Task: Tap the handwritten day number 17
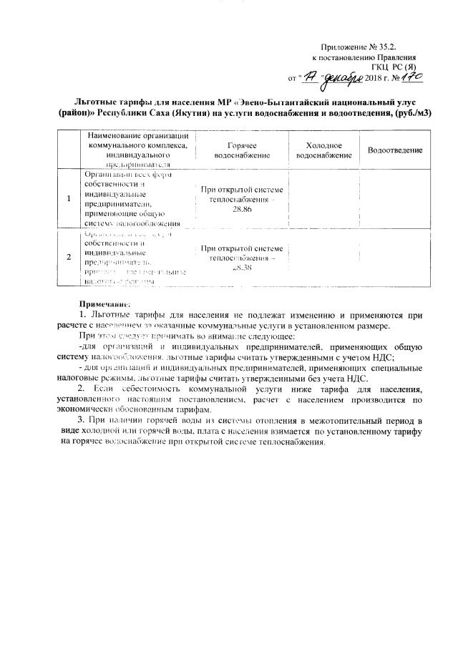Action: coord(309,76)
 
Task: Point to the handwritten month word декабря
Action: coord(339,75)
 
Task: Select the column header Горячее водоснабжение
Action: coord(242,150)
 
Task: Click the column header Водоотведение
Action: coord(395,150)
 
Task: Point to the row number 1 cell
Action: coord(69,198)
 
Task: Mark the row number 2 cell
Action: coord(69,257)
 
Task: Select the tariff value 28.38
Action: coord(243,267)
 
